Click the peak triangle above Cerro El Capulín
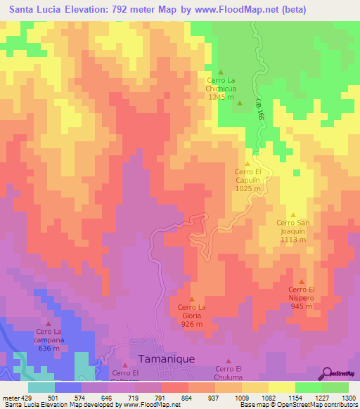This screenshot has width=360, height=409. [x=247, y=164]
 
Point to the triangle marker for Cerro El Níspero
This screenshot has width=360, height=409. [x=302, y=282]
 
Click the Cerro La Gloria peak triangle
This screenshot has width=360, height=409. [x=191, y=299]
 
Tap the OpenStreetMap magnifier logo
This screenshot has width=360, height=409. [x=328, y=372]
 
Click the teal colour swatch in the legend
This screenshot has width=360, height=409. [x=41, y=387]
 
